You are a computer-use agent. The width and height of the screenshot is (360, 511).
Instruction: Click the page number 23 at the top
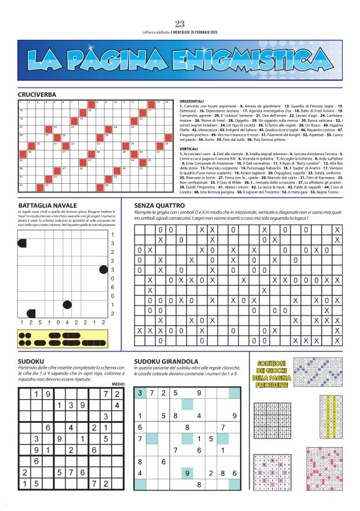[x=180, y=24]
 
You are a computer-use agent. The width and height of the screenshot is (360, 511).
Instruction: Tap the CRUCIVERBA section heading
[x=38, y=94]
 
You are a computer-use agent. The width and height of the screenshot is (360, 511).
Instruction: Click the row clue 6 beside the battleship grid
[x=112, y=287]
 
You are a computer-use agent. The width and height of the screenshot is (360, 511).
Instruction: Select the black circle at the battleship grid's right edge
[x=103, y=269]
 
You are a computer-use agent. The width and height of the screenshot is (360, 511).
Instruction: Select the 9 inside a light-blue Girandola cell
[x=187, y=473]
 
